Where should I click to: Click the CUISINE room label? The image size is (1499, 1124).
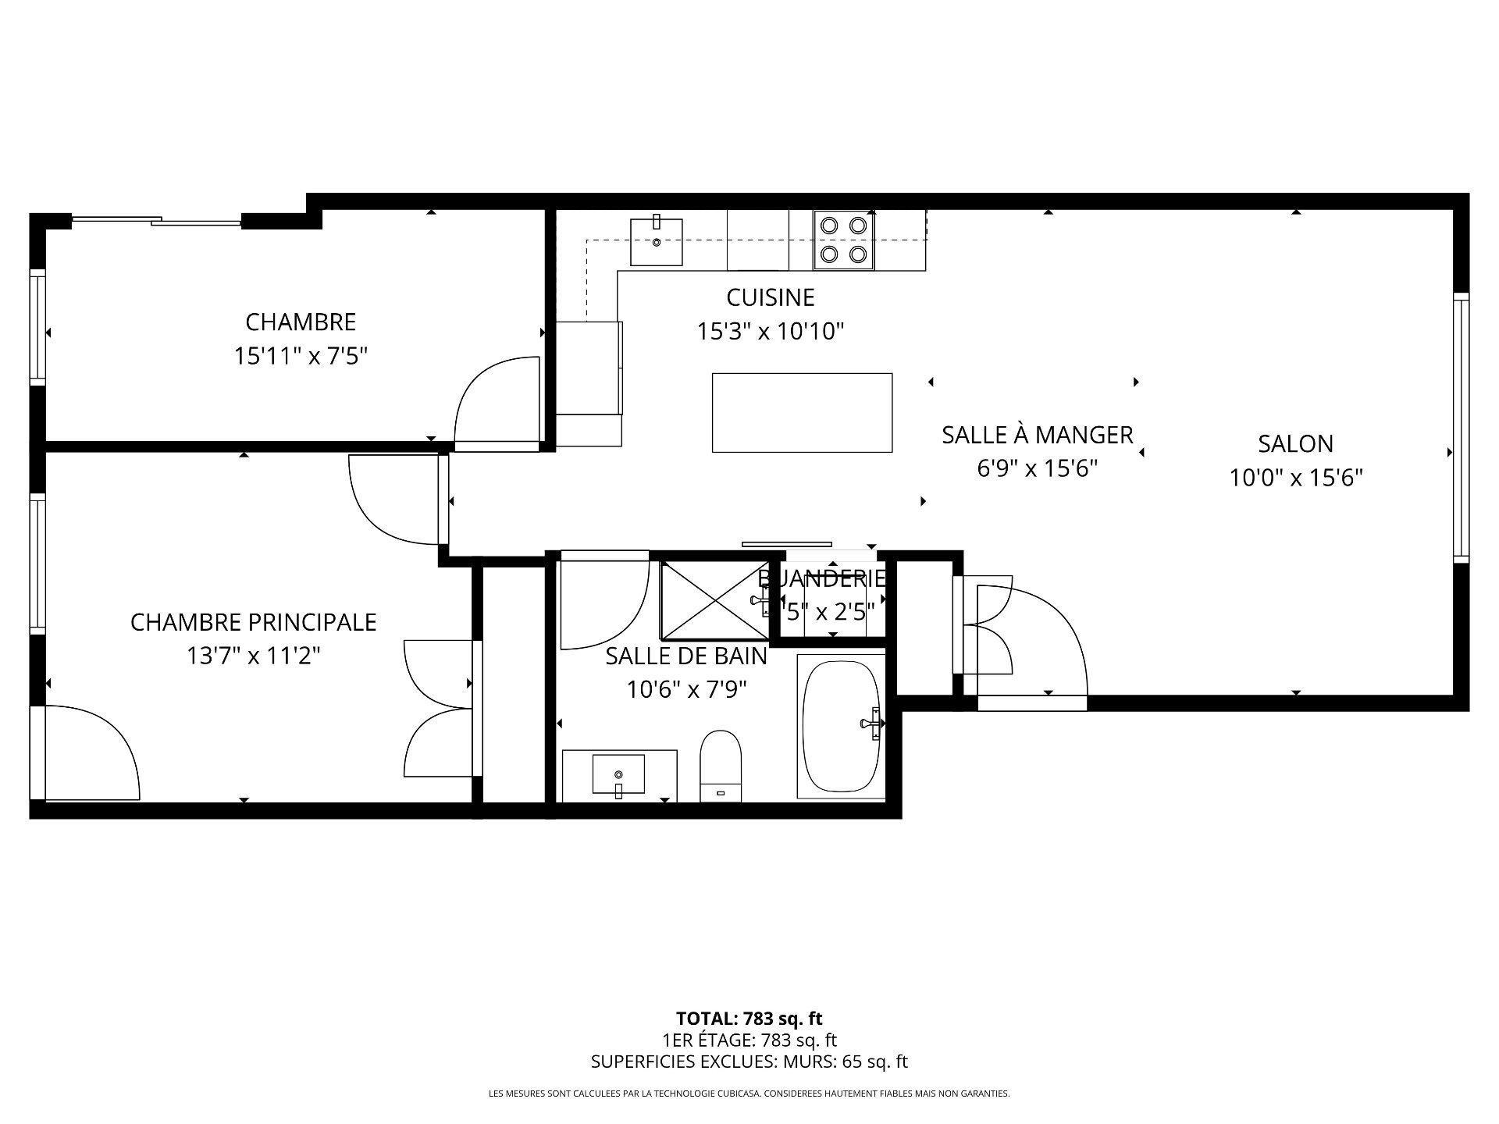770,297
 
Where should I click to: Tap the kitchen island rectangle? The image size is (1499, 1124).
802,412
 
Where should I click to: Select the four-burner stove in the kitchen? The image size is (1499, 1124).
844,240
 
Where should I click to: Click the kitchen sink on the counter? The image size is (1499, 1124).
657,242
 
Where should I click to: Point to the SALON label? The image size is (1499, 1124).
1295,443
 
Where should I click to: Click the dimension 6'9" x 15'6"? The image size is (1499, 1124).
1037,468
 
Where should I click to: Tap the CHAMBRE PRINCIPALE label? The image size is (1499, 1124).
253,622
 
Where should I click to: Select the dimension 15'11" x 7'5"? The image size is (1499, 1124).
301,357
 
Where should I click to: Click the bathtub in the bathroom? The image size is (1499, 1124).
842,726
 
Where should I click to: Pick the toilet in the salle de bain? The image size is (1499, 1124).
720,766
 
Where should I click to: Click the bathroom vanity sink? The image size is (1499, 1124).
618,774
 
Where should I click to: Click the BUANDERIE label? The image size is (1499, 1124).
822,578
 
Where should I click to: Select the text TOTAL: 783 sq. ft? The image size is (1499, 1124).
749,1018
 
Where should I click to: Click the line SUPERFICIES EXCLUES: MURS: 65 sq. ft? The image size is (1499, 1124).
749,1062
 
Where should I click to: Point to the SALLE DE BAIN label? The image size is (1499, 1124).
686,656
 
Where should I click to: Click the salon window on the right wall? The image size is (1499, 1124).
1460,427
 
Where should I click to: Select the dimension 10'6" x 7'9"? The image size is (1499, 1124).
686,689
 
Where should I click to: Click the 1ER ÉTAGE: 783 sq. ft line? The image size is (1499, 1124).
749,1040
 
